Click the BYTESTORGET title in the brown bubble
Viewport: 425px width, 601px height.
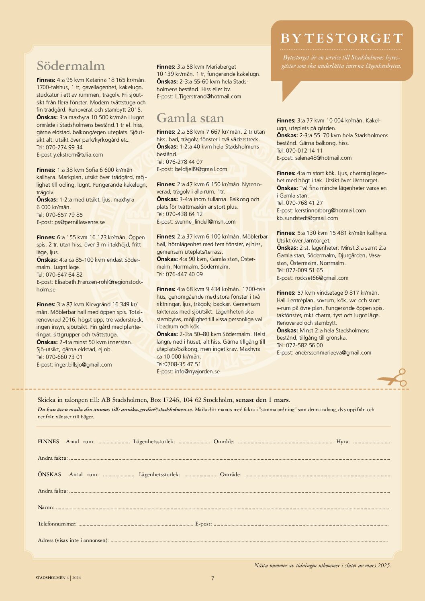click(342, 38)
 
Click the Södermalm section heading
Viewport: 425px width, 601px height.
click(71, 66)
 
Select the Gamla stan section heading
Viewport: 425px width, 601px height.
click(190, 118)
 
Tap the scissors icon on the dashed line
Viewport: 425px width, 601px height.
click(392, 377)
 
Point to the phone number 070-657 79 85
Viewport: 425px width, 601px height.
click(64, 215)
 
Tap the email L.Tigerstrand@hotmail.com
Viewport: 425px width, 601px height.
click(208, 96)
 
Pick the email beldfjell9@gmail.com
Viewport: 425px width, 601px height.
click(201, 169)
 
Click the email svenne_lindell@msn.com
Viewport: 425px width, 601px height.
click(205, 222)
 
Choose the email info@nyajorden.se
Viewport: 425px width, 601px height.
click(197, 371)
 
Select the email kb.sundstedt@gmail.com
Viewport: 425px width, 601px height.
click(307, 218)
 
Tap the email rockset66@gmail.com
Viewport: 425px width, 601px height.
click(322, 278)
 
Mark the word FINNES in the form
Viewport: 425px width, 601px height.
click(48, 441)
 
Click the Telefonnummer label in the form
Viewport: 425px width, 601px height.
click(57, 524)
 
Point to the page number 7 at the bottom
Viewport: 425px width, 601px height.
click(212, 578)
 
